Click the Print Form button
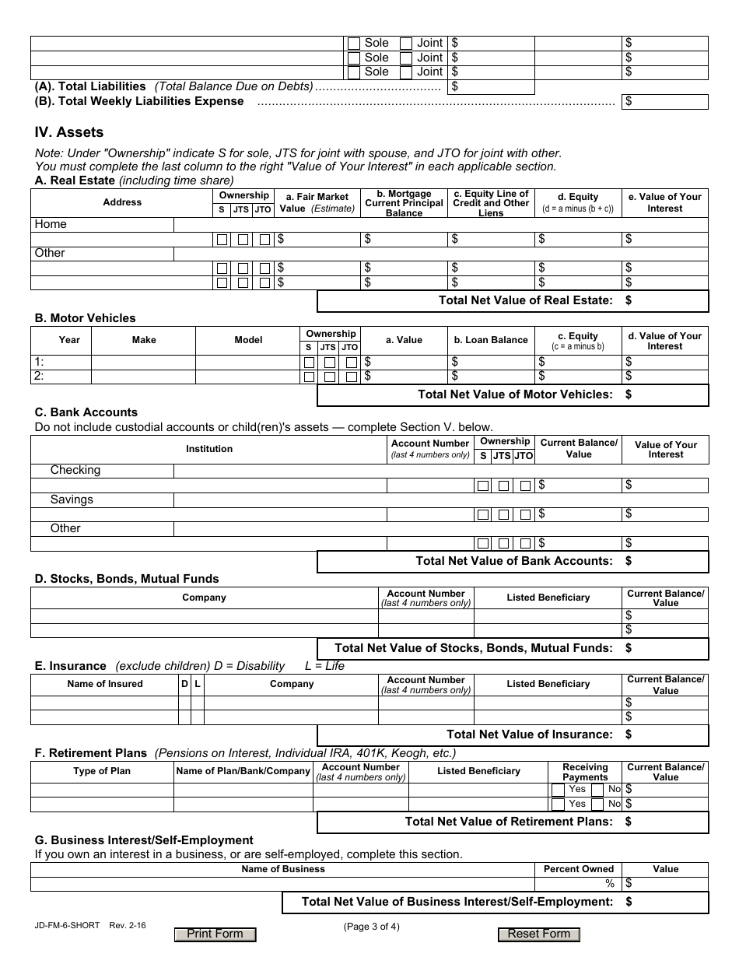point(215,934)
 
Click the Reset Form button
point(539,934)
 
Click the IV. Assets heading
point(69,132)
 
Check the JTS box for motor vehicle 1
point(330,363)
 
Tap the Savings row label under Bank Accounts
point(72,500)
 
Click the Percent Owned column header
point(578,869)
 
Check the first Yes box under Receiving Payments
point(559,790)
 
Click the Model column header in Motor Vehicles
point(248,340)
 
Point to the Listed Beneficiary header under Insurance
point(548,684)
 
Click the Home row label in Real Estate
point(51,224)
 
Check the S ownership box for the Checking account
point(483,486)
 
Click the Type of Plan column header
point(102,771)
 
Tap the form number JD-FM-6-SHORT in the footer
point(67,926)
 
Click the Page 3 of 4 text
point(371,926)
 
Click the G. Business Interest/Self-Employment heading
point(144,840)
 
